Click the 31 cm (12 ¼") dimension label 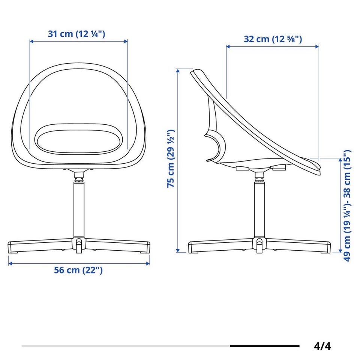tap(76, 34)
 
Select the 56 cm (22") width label tap(78, 270)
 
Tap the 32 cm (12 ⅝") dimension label tap(273, 39)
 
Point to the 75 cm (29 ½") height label tap(171, 158)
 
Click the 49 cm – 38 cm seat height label tap(347, 206)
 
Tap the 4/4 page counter tap(322, 347)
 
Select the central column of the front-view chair tap(79, 208)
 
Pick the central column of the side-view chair tap(259, 208)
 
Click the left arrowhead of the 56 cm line tap(10, 263)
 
